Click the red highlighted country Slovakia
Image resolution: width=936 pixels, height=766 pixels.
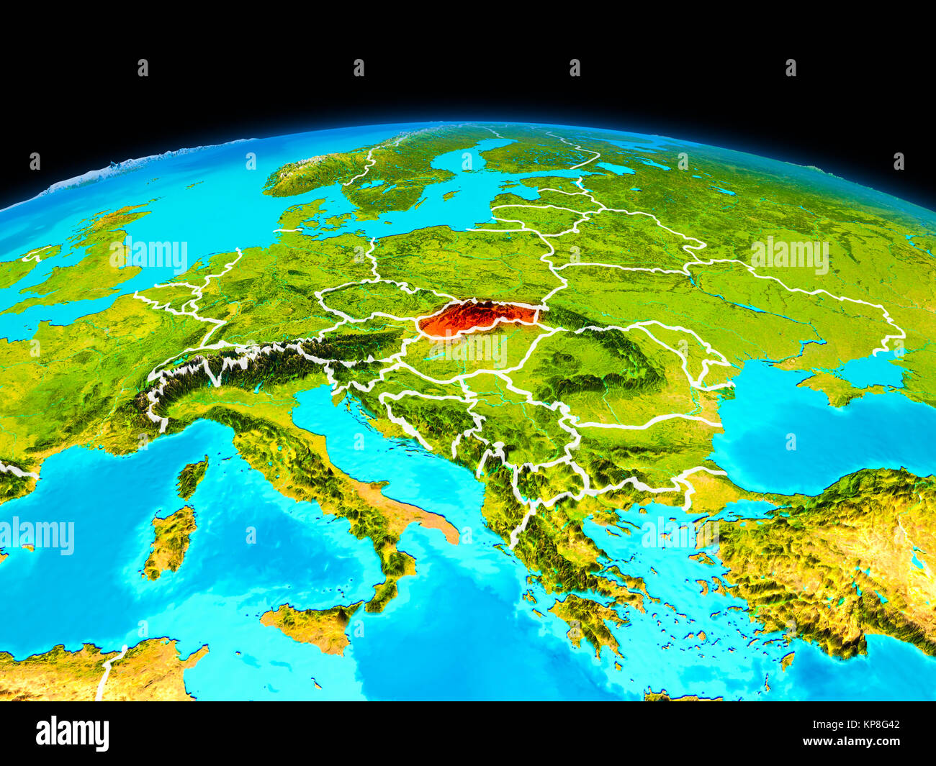475,318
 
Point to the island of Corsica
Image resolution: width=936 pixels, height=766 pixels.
193,476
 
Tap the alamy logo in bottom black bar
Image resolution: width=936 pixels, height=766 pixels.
72,734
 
